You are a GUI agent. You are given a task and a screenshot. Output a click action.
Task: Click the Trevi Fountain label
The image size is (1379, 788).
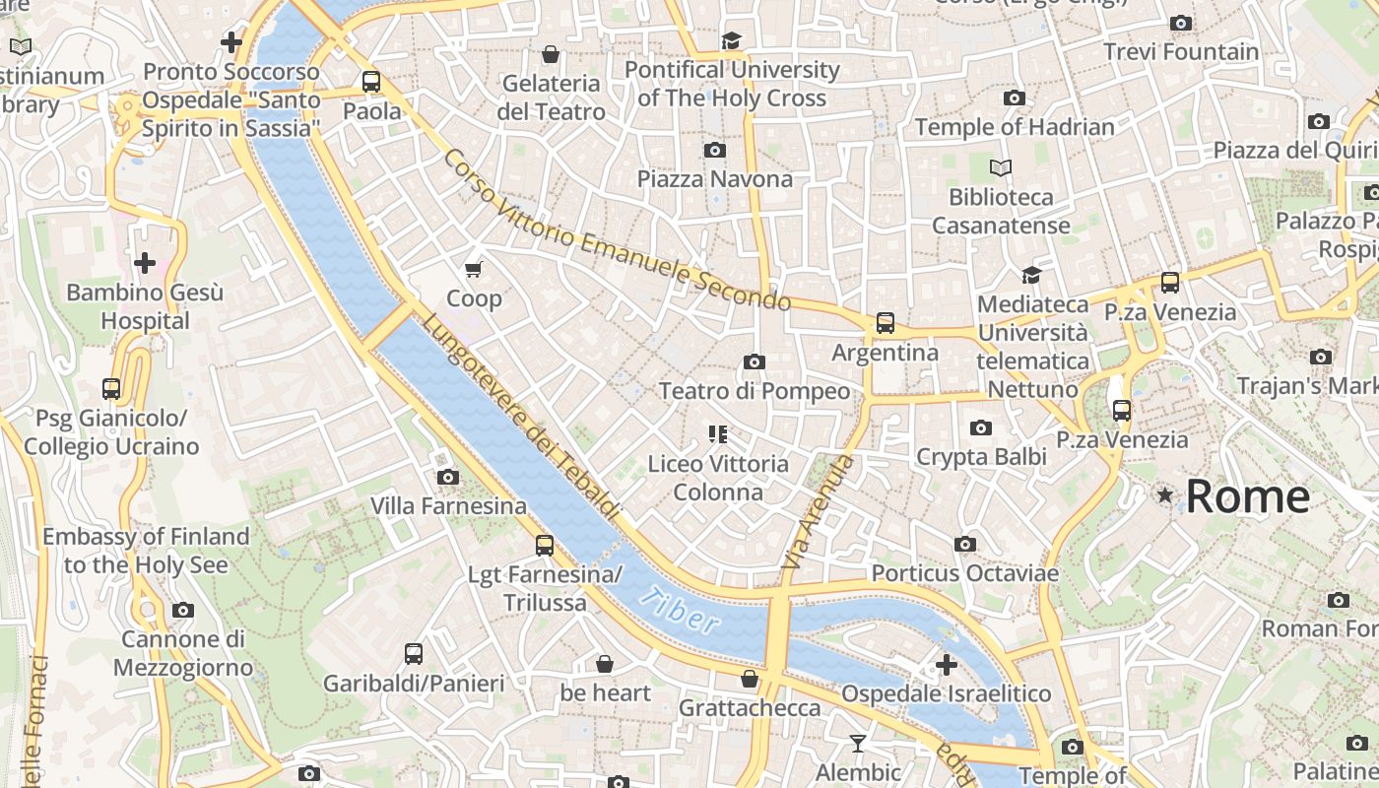coord(1181,51)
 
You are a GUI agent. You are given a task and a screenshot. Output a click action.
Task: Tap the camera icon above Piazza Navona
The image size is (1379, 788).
coord(715,151)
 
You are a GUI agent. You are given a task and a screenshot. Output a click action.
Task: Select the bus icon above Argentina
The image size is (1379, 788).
coord(886,323)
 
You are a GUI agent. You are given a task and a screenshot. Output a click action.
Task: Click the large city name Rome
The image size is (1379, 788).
coord(1247,496)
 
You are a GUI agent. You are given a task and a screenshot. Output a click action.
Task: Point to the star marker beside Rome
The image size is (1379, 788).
coord(1165,494)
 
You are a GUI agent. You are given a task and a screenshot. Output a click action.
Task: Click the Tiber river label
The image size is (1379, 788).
coord(679,610)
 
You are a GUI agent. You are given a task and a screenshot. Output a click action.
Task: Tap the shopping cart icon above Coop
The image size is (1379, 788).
coord(474,269)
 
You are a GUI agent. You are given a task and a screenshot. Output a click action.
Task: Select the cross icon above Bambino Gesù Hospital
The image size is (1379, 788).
coord(145,263)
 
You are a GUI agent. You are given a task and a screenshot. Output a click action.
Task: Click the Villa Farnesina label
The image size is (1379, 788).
coord(448,506)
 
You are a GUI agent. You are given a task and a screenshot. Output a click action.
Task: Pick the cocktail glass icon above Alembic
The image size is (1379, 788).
coord(858,743)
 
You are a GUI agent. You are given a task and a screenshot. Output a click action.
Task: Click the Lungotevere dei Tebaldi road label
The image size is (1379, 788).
coord(521,417)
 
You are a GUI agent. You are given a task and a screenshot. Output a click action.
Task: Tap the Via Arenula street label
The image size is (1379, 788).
coord(814,512)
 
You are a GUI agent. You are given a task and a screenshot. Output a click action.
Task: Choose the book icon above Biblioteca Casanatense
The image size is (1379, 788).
coord(1001,168)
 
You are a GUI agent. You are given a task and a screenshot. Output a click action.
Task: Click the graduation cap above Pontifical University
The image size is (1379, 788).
coord(731,40)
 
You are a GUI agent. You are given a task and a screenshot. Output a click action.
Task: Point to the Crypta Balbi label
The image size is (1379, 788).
coord(981,457)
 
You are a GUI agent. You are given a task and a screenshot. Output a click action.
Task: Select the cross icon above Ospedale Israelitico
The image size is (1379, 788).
coord(947,665)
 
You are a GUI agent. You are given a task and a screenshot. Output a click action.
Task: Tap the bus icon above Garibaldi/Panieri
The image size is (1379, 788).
coord(414,653)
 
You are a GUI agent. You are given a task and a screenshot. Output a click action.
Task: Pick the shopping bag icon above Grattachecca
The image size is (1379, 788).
coord(750,679)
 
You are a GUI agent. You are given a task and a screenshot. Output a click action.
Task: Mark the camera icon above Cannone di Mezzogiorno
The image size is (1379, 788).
coord(182,611)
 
